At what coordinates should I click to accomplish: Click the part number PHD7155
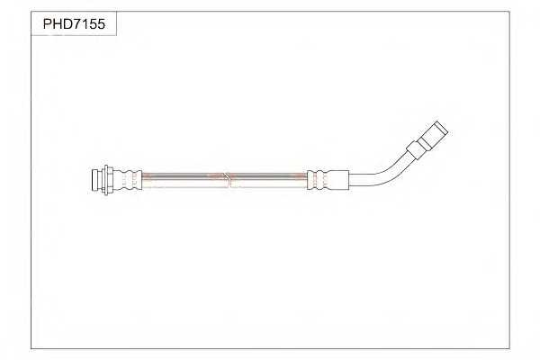[74, 25]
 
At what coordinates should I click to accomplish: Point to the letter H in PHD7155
[57, 25]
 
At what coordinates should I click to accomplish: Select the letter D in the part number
[67, 25]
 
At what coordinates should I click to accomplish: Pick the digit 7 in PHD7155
[77, 25]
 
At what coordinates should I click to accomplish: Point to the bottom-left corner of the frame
[31, 348]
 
